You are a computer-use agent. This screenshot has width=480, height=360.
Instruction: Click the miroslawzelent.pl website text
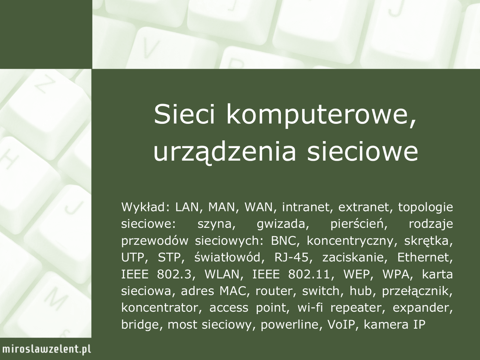(46, 349)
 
